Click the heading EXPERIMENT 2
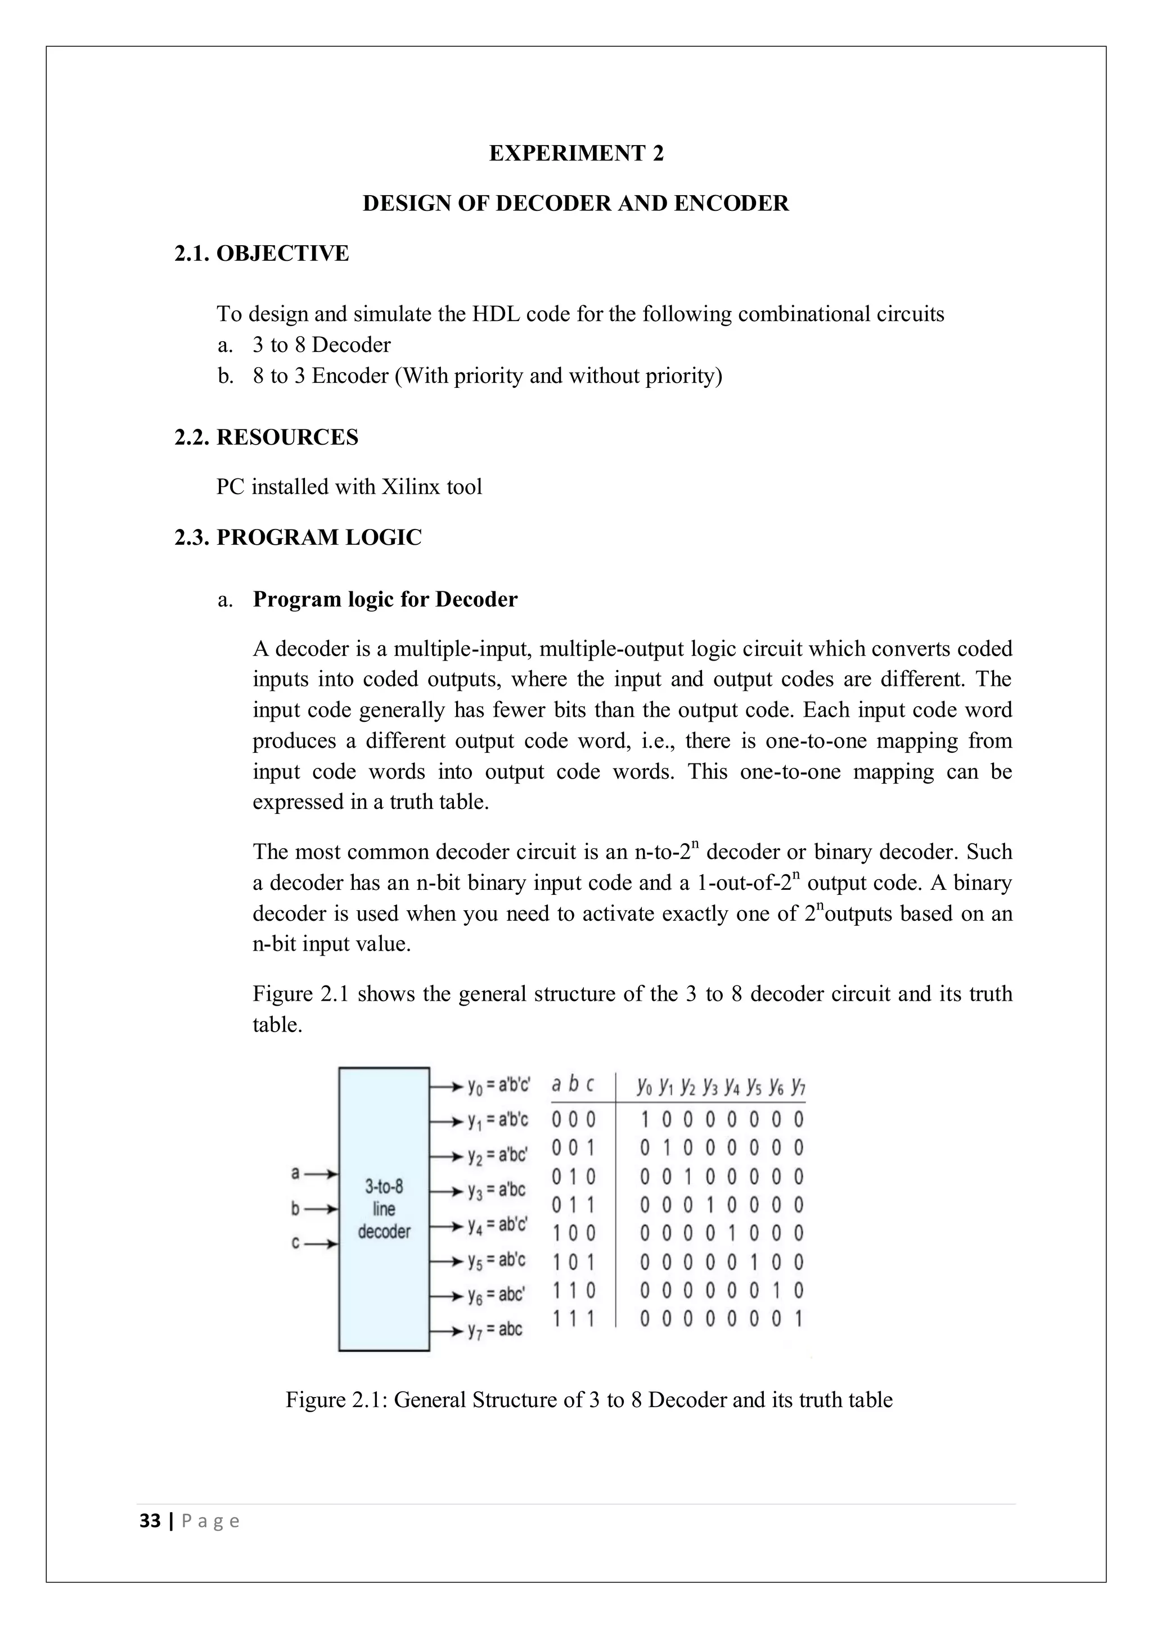[x=576, y=153]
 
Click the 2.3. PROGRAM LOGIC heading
[x=298, y=537]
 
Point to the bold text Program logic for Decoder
[x=385, y=599]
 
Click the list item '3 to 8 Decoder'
[x=321, y=345]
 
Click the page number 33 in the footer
[x=150, y=1521]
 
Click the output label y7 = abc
[x=494, y=1329]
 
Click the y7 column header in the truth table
[x=798, y=1086]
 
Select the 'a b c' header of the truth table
[x=573, y=1085]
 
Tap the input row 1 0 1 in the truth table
[x=573, y=1262]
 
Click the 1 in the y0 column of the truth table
[x=645, y=1120]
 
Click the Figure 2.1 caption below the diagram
[x=589, y=1400]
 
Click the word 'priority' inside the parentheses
[x=483, y=376]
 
